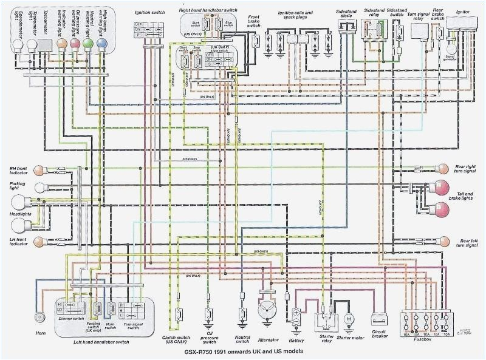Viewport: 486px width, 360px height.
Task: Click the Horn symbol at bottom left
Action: (41, 316)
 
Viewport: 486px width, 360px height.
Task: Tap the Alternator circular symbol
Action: (265, 310)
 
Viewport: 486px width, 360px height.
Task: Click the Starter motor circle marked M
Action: (349, 318)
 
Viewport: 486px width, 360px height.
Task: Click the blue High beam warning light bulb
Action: (102, 44)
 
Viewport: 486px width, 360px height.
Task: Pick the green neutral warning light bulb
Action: (87, 44)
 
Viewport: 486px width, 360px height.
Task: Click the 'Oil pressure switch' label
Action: (210, 339)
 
